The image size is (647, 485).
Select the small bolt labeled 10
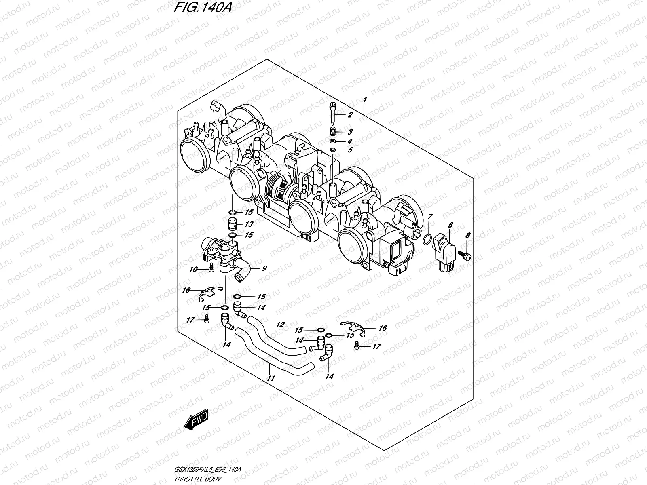(x=211, y=268)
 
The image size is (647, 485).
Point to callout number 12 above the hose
(x=280, y=324)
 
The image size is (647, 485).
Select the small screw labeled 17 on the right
(x=356, y=346)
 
